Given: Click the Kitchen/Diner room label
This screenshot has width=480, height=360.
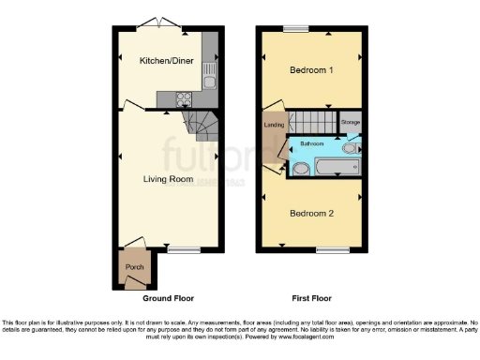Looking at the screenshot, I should pos(165,61).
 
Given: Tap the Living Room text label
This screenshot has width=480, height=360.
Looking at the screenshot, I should pos(168,178).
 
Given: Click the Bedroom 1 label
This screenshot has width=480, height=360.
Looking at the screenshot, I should pos(311,70).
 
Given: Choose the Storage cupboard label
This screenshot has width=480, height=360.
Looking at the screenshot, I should pos(350,123).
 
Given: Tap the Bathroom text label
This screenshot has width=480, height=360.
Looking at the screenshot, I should pos(312,144).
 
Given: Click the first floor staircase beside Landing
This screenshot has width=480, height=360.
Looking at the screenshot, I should pos(314,120).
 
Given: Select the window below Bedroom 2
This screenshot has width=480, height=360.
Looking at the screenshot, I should pos(328,249).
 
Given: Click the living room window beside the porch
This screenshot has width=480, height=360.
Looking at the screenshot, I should pos(184,249).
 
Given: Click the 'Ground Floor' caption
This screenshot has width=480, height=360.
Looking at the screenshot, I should pos(168,298).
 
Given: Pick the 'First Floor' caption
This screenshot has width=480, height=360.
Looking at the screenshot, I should pos(311,298).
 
